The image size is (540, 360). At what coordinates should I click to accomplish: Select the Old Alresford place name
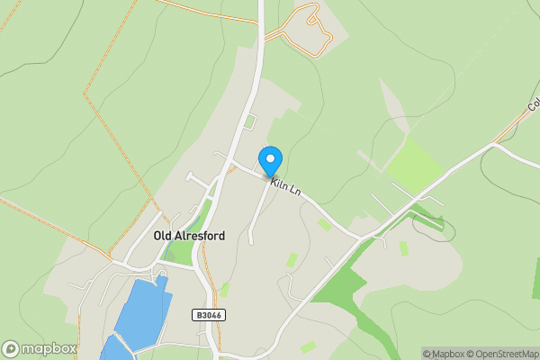(189, 236)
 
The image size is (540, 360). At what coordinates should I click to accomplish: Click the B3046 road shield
(207, 315)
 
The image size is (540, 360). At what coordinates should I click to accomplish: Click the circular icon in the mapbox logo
(11, 348)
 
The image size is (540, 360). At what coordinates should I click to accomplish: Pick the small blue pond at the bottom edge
(112, 349)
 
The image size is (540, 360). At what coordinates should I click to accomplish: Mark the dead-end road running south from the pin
(256, 211)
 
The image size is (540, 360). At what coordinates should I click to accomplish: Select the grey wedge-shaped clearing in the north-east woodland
(392, 99)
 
